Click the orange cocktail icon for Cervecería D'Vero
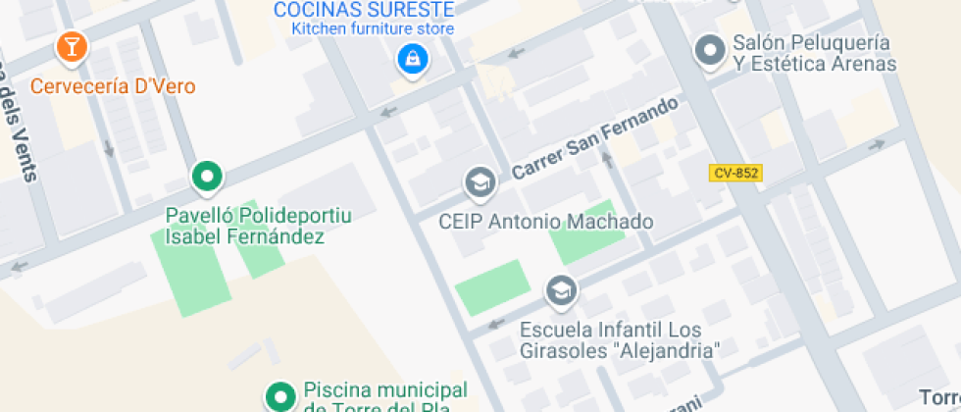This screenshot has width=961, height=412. pos(72,46)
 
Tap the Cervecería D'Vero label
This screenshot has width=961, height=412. pos(113,86)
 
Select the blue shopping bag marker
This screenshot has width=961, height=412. pos(412,60)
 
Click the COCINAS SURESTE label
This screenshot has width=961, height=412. pos(364,10)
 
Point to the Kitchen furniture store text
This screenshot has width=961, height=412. pos(373,28)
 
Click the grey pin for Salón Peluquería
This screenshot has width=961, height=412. pos(708,50)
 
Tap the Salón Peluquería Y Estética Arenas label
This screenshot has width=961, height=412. pos(814,54)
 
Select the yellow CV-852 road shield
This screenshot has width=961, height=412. pos(735,173)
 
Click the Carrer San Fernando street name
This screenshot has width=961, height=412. pos(595,138)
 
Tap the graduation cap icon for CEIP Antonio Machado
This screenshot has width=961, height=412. pos(480,181)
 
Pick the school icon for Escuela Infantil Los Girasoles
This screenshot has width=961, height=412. pos(561,290)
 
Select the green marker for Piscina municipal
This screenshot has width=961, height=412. pos(280,397)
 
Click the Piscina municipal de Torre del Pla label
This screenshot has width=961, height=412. pos(384,398)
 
